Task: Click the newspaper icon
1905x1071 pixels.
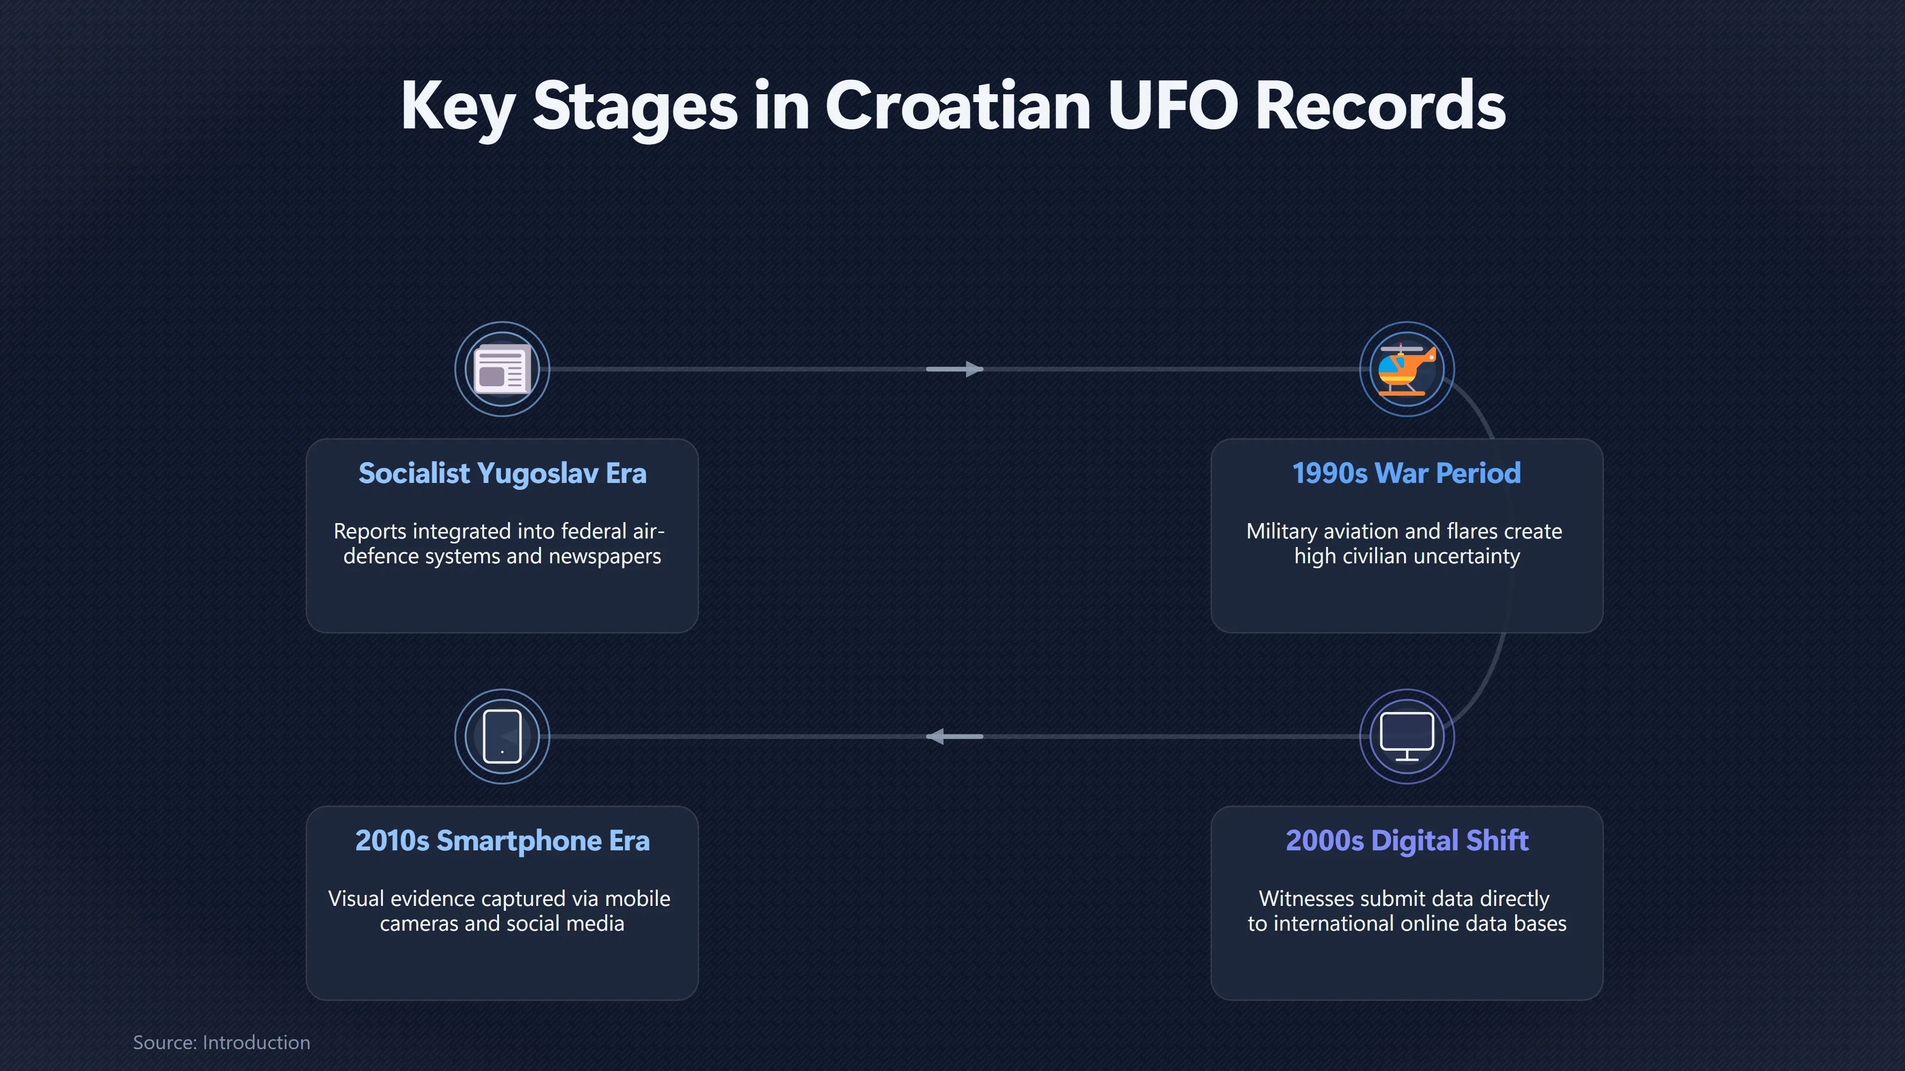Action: tap(502, 369)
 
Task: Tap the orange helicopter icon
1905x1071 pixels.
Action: tap(1406, 369)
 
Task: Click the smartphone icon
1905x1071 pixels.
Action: tap(502, 736)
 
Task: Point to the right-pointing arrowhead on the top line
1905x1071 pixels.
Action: tap(973, 369)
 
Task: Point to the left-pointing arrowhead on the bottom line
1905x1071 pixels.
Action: tap(936, 736)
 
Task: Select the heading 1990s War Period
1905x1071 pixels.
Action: tap(1406, 473)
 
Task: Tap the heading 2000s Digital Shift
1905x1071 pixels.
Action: tap(1406, 841)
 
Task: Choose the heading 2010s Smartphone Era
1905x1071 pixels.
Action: tap(502, 841)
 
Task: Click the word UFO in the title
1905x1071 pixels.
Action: tap(1172, 106)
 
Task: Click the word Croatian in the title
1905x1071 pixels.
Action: tap(957, 106)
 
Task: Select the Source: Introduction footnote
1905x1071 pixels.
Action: tap(221, 1042)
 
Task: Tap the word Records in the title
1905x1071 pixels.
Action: tap(1380, 106)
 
